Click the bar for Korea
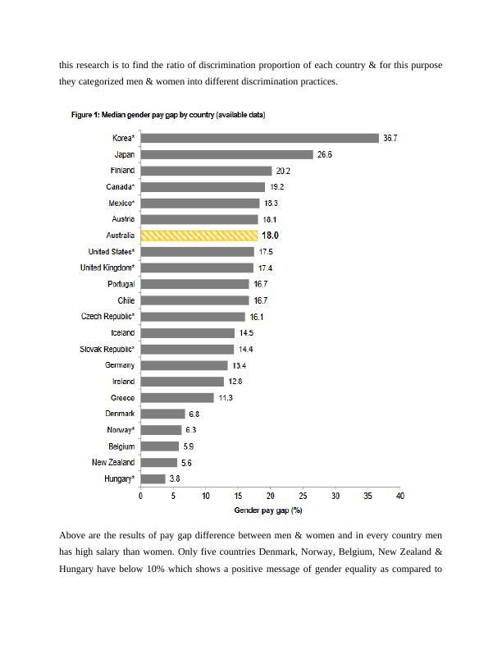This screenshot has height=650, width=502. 259,139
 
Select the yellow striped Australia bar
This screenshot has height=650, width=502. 199,236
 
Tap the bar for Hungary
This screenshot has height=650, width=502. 153,478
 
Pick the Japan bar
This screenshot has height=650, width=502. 226,154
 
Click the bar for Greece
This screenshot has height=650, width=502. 177,398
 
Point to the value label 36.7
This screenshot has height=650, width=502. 390,139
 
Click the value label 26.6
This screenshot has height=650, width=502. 324,154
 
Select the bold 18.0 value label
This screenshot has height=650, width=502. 270,236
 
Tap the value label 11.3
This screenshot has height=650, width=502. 225,398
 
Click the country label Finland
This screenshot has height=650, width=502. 122,171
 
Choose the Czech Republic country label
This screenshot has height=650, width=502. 107,317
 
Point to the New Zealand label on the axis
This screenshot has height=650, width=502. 113,463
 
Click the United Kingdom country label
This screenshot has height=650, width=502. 107,268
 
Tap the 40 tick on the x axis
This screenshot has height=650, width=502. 400,497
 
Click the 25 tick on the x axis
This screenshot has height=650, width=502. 303,497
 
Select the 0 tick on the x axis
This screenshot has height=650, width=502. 140,497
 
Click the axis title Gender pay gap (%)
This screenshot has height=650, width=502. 268,510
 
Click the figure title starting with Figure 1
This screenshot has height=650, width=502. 167,115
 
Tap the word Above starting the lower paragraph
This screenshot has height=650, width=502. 72,536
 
